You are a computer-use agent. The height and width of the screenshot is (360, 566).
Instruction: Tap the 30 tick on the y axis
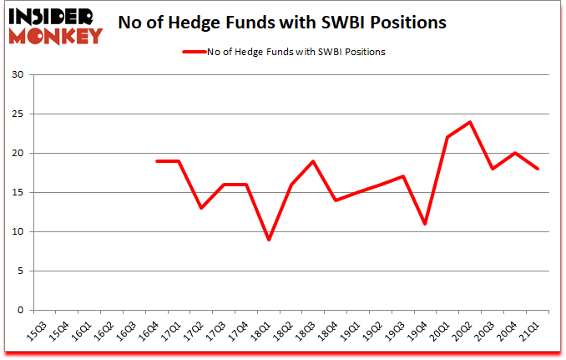pos(18,75)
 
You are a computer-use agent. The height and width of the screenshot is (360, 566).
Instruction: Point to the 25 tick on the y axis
pos(18,114)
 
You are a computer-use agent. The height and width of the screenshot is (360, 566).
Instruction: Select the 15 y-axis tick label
pos(18,193)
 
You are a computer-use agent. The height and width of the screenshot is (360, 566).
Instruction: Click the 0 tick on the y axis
pos(22,310)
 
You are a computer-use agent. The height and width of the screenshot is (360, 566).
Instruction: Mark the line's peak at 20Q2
pos(470,123)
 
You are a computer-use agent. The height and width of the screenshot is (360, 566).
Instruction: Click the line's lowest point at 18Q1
pos(268,240)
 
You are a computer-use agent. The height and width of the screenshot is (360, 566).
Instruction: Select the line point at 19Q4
pos(425,224)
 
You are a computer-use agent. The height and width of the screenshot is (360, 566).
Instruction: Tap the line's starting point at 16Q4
pos(156,161)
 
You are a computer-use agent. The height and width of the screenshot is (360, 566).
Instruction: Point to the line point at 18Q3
pos(313,161)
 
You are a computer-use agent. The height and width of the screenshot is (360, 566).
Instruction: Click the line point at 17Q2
pos(201,208)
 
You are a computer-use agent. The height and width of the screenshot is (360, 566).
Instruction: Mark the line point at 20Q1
pos(447,138)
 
